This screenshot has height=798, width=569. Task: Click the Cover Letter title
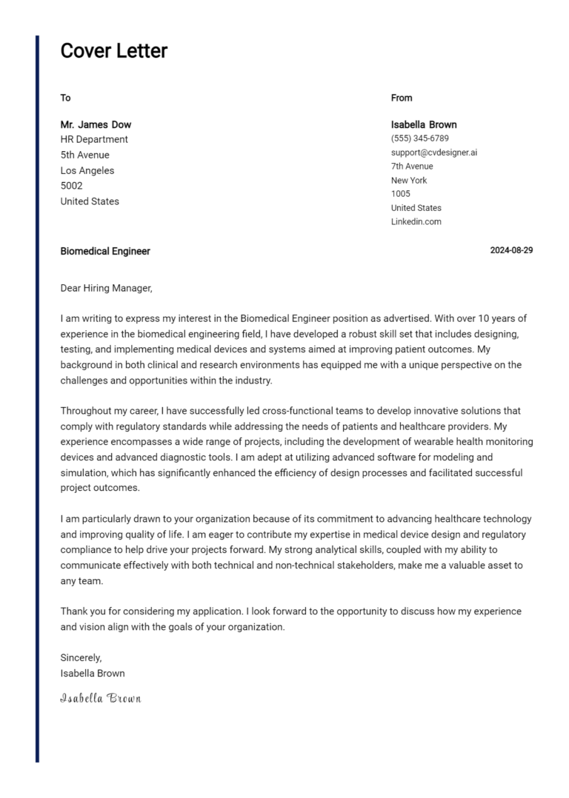tap(113, 51)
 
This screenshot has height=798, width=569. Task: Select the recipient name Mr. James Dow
tap(96, 124)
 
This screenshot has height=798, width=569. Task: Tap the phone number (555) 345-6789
tap(419, 138)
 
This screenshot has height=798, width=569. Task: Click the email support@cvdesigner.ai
tap(434, 152)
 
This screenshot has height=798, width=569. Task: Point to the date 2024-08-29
tap(511, 251)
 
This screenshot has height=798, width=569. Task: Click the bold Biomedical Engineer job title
tap(105, 251)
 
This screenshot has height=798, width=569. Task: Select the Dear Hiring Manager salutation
tap(106, 288)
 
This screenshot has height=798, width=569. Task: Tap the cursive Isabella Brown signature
tap(100, 698)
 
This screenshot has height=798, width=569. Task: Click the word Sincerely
tap(81, 657)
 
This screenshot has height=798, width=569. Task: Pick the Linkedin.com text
tap(416, 221)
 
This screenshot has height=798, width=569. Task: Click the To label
tap(65, 98)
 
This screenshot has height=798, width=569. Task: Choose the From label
tap(402, 98)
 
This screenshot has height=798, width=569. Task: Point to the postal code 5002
tap(71, 186)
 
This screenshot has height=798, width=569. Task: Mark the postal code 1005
tap(400, 194)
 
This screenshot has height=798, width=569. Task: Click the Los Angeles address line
tap(87, 170)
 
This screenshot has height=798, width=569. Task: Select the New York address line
tap(409, 180)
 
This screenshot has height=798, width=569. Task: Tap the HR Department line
tap(94, 139)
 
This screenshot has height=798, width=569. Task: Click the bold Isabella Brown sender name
tap(424, 124)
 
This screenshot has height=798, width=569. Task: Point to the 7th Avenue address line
tap(412, 167)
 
